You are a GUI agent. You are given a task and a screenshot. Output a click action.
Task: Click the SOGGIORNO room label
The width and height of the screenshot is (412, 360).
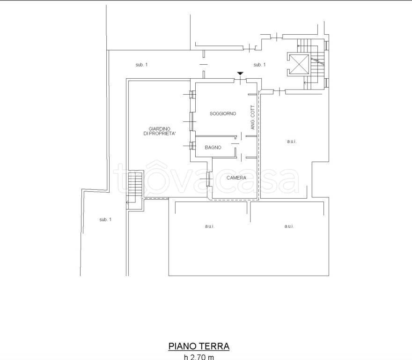pyautogui.click(x=223, y=114)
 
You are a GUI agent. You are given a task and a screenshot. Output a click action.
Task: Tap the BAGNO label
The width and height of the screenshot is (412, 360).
pyautogui.click(x=213, y=148)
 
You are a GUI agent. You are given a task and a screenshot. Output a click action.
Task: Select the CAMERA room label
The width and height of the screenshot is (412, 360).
pyautogui.click(x=236, y=178)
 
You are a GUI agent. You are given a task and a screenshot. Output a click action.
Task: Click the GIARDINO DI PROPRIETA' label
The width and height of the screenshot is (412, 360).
pyautogui.click(x=160, y=131)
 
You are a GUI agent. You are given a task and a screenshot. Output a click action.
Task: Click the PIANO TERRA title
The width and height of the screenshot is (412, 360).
pyautogui.click(x=199, y=346)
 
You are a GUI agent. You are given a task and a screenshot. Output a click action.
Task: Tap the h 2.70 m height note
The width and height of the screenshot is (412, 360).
pyautogui.click(x=199, y=357)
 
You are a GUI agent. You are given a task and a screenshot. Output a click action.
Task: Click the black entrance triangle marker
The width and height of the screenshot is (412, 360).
pyautogui.click(x=240, y=73)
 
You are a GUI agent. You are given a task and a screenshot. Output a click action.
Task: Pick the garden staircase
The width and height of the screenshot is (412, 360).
pyautogui.click(x=135, y=190)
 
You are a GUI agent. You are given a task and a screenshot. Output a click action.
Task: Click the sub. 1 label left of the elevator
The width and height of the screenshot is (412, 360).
pyautogui.click(x=259, y=65)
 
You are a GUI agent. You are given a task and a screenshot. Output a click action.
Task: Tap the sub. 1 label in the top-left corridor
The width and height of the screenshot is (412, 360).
pyautogui.click(x=141, y=65)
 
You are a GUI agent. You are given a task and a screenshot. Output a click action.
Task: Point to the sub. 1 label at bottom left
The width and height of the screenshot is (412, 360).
pyautogui.click(x=105, y=219)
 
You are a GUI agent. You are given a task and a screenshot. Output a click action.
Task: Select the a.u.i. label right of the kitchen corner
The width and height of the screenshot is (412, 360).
pyautogui.click(x=292, y=142)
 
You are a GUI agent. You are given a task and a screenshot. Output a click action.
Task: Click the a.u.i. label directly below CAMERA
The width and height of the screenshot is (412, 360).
pyautogui.click(x=209, y=226)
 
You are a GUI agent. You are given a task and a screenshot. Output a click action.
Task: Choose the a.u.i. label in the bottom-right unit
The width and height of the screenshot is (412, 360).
pyautogui.click(x=289, y=226)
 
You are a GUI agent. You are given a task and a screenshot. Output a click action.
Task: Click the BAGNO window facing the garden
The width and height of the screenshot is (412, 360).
pyautogui.click(x=193, y=145)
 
